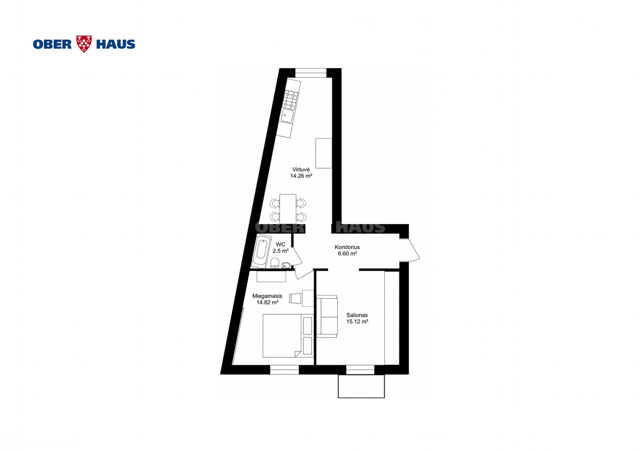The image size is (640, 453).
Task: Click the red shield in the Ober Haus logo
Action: tap(84, 44)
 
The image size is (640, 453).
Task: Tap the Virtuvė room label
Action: tap(301, 169)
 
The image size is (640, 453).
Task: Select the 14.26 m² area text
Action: tap(301, 176)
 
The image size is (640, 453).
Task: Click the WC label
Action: tap(280, 245)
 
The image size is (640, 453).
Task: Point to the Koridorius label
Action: tap(347, 247)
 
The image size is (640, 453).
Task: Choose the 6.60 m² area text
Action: tap(347, 253)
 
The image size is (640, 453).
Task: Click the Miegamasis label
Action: tap(267, 296)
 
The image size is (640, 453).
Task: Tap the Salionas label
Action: tap(357, 315)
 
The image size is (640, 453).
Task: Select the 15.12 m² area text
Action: tap(357, 321)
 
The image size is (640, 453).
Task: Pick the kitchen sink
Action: tap(287, 116)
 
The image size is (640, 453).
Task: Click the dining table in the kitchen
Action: tap(288, 208)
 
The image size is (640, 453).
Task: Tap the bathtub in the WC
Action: tap(261, 252)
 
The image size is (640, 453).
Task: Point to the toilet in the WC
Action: tap(275, 263)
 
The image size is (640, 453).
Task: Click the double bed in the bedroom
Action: tap(288, 336)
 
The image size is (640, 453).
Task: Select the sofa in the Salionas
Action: tap(327, 316)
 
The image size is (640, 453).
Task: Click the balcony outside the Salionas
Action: tap(361, 386)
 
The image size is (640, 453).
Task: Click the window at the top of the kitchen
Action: tap(311, 73)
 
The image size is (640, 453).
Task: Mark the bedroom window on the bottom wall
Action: tap(284, 370)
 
